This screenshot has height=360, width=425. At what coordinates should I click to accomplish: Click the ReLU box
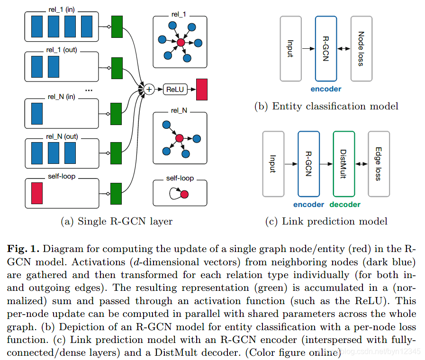tap(175, 89)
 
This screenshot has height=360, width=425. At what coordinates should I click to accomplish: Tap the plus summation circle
tap(149, 89)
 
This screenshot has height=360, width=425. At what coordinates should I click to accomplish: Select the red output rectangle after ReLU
tap(202, 89)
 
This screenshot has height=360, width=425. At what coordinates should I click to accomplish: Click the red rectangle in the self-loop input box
tap(37, 192)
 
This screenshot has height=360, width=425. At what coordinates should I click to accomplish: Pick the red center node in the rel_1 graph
tap(181, 43)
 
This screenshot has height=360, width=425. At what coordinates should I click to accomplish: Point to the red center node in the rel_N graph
tap(179, 138)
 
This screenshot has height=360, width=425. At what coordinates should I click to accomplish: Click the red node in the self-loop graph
tap(184, 194)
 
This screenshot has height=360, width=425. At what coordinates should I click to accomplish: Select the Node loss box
tap(361, 48)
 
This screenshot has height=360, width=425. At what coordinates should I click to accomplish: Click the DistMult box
tap(344, 164)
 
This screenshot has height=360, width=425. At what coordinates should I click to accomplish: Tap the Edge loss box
tap(379, 164)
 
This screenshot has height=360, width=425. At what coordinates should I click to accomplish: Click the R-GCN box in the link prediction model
tap(309, 164)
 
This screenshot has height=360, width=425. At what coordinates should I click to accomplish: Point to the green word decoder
tap(345, 205)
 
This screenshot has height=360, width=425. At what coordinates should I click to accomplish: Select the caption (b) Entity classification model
tap(326, 106)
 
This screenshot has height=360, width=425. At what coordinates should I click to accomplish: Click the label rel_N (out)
tap(62, 137)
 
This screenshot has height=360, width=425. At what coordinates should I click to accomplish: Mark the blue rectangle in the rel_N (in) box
tap(37, 113)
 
